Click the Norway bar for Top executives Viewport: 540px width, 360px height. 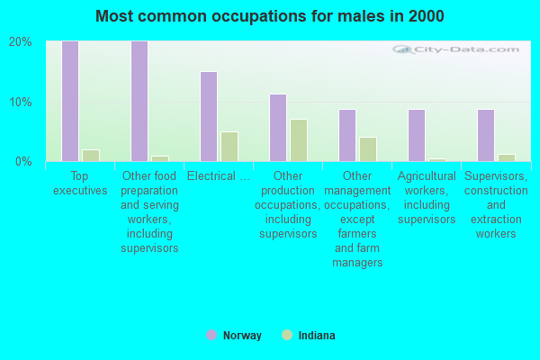(x=70, y=102)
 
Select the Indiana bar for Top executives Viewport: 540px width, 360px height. (x=91, y=156)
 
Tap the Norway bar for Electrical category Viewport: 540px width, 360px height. (x=209, y=116)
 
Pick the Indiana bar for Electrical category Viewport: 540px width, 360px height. (x=229, y=147)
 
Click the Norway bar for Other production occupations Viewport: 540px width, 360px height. (x=278, y=128)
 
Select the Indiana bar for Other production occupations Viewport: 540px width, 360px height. (x=299, y=140)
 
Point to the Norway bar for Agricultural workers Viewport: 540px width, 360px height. (x=417, y=135)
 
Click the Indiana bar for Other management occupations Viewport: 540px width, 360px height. (x=368, y=149)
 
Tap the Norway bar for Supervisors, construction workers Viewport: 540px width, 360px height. (x=486, y=135)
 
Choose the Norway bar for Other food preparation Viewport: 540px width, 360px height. (x=139, y=102)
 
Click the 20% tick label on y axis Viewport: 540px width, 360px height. (x=21, y=42)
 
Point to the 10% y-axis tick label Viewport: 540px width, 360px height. (x=21, y=102)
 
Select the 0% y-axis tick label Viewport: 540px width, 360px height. (x=23, y=161)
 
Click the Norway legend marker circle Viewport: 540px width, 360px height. (x=211, y=335)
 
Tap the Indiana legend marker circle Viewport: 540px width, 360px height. (x=287, y=335)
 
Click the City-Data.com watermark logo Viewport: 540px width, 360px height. (x=456, y=49)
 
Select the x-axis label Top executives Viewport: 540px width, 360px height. (x=80, y=183)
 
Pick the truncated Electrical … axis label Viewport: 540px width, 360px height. (x=219, y=176)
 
